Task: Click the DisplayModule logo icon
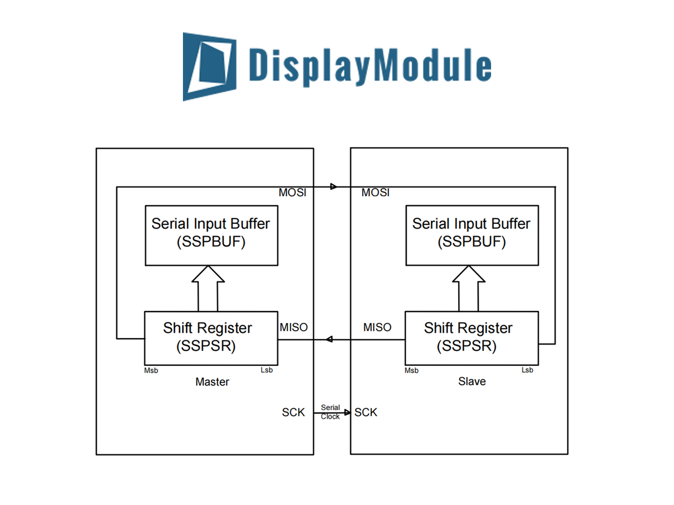pyautogui.click(x=209, y=67)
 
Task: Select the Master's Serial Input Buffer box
pyautogui.click(x=211, y=235)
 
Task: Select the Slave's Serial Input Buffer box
pyautogui.click(x=472, y=235)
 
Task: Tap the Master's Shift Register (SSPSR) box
pyautogui.click(x=211, y=338)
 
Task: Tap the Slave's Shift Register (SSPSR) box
pyautogui.click(x=471, y=338)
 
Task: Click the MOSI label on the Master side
pyautogui.click(x=292, y=192)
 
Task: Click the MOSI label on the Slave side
pyautogui.click(x=375, y=192)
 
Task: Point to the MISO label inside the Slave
pyautogui.click(x=377, y=327)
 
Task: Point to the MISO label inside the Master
pyautogui.click(x=293, y=327)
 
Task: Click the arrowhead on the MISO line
pyautogui.click(x=329, y=339)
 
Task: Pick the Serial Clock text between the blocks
pyautogui.click(x=330, y=412)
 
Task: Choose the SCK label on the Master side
pyautogui.click(x=293, y=412)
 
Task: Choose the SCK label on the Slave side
pyautogui.click(x=366, y=412)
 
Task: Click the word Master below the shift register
pyautogui.click(x=212, y=382)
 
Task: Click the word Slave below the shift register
pyautogui.click(x=472, y=381)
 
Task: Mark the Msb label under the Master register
pyautogui.click(x=151, y=371)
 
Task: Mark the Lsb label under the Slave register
pyautogui.click(x=527, y=370)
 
